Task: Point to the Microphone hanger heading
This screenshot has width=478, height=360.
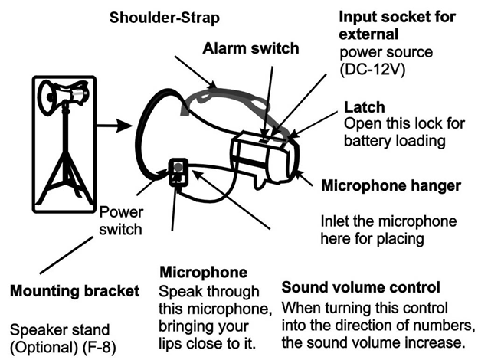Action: (x=391, y=185)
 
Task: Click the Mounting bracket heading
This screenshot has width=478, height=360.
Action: (x=74, y=291)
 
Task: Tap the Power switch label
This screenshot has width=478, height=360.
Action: (x=122, y=219)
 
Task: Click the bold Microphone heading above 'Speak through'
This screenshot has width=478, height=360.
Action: (x=202, y=273)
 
